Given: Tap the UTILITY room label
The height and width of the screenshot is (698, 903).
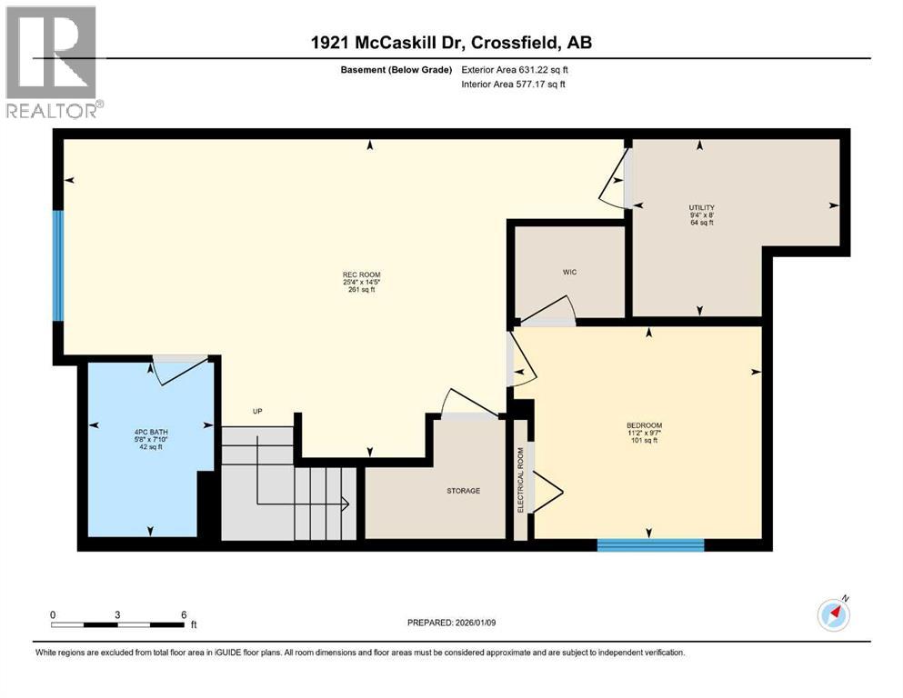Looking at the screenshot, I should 700,208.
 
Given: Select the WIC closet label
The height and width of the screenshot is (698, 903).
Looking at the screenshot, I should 570,272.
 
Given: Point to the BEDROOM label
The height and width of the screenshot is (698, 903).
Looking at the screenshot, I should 644,425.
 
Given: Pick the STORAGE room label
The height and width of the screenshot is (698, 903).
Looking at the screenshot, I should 463,491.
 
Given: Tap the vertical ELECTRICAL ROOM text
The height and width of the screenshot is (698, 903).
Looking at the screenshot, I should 521,480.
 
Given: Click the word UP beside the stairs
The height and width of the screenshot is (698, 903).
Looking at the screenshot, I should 257,412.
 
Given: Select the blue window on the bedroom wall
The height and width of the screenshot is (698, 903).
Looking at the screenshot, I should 650,545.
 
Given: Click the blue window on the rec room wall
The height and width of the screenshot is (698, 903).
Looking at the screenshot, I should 58,266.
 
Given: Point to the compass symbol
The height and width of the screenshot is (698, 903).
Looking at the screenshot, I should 833,614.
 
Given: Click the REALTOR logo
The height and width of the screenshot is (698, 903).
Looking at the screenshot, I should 51,63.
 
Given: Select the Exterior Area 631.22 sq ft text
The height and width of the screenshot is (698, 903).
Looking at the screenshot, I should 519,69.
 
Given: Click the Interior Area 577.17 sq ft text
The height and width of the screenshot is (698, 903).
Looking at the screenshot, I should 519,84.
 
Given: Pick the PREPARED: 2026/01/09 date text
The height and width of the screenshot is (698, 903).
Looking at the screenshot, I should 452,623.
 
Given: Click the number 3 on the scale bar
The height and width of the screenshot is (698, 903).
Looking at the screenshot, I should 117,614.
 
